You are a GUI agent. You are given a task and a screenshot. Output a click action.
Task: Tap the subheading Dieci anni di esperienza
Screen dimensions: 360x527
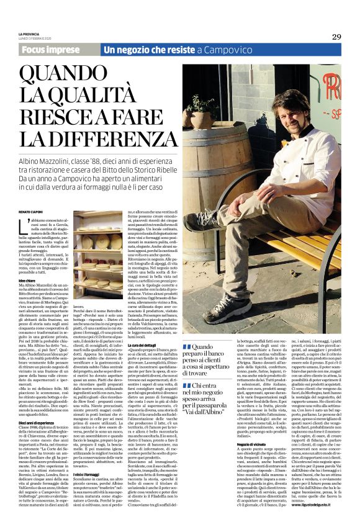click(x=37, y=405)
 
